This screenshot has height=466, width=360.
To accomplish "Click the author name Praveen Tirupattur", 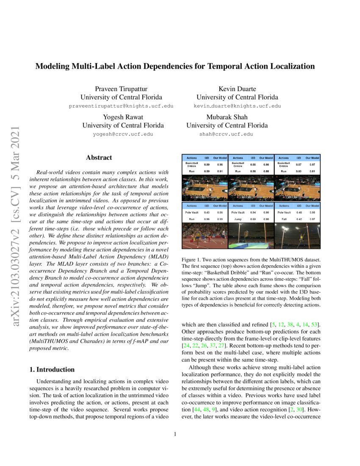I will [123, 89].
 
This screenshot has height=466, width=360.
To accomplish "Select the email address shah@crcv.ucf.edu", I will [226, 134].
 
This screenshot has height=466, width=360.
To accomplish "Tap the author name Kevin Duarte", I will [237, 89].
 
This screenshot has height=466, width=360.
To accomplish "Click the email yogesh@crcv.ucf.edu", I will [123, 134].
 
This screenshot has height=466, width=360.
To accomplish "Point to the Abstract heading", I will [99, 158].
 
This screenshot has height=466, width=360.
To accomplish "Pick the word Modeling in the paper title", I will [52, 66].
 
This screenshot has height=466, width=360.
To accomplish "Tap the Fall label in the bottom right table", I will [284, 219].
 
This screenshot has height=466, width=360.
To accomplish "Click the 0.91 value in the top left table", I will [219, 171].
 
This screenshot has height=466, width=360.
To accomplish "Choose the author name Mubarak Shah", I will [227, 116].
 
